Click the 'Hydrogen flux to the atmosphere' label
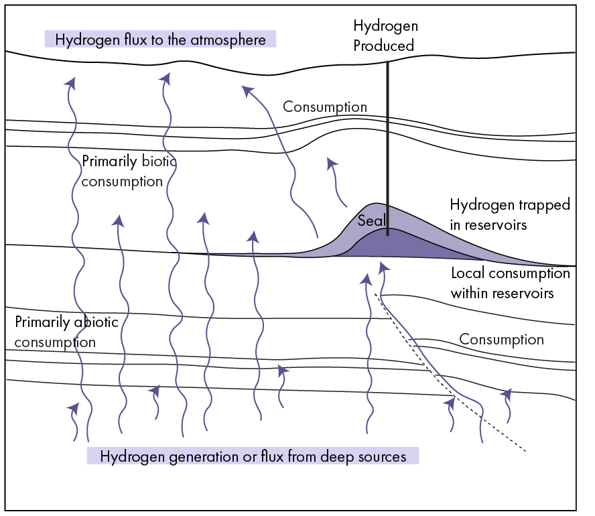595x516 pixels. (160, 40)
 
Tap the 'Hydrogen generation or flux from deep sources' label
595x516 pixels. (253, 456)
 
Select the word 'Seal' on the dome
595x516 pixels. (371, 220)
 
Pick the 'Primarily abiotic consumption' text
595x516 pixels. (66, 332)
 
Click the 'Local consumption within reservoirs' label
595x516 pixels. (510, 283)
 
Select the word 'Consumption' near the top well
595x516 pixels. (325, 107)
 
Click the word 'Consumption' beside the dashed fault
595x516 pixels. (501, 340)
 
